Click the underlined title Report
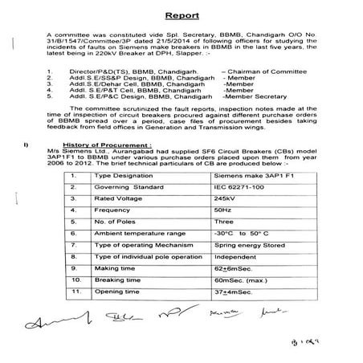point(183,15)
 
